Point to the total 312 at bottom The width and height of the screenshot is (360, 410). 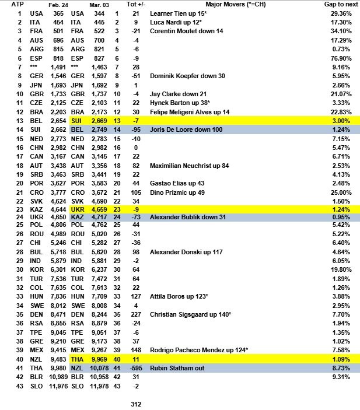pyautogui.click(x=134, y=404)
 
